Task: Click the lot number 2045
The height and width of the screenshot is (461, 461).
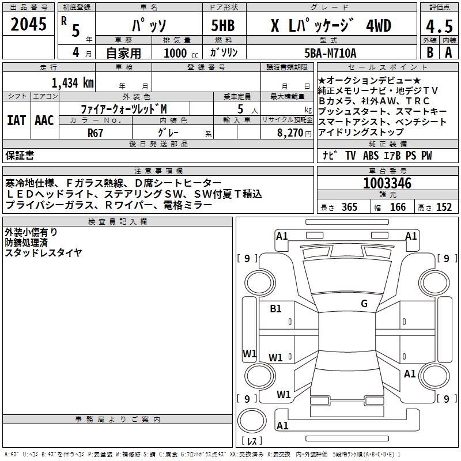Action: pos(28,25)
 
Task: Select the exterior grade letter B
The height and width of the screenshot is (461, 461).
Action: pos(429,52)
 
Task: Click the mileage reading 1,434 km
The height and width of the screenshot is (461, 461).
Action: pos(73,82)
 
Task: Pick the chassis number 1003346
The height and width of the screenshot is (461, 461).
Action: pos(387,184)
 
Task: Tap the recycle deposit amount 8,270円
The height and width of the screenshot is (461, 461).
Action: pos(292,133)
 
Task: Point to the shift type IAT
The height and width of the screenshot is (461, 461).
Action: pos(17,120)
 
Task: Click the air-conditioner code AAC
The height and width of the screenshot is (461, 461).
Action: pos(44,120)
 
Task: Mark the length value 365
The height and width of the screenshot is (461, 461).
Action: pos(349,207)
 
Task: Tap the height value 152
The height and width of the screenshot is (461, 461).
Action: pos(444,207)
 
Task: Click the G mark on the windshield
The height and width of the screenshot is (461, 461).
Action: pos(364,304)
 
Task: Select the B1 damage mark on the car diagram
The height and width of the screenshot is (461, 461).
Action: pos(275,309)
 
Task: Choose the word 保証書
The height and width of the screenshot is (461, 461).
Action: pos(20,156)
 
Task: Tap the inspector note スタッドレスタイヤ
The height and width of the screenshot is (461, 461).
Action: pos(43,252)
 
